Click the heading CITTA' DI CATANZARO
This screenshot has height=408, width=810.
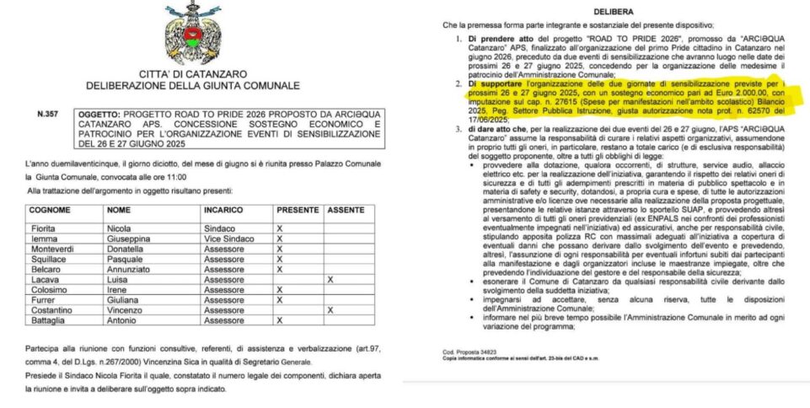point(193,73)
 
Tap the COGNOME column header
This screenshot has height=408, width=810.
point(50,209)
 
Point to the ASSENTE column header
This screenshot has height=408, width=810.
point(346,209)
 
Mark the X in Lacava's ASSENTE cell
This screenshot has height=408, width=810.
point(328,279)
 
